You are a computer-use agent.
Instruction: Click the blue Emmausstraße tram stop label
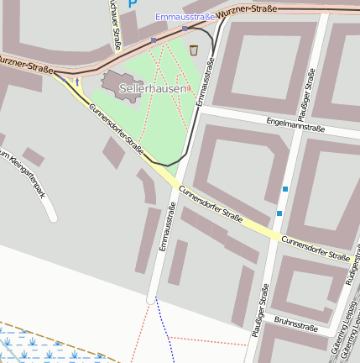tap(185, 17)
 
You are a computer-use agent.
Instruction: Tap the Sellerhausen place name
tap(152, 87)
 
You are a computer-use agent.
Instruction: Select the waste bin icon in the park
tap(194, 50)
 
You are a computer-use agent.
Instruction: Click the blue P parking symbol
tap(132, 5)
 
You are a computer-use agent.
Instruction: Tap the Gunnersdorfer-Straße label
tap(116, 126)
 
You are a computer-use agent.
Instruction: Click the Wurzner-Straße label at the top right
tap(247, 10)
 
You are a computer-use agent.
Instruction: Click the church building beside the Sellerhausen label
tap(112, 82)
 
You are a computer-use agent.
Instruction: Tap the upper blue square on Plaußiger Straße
tap(285, 189)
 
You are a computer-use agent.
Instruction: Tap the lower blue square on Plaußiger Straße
tap(279, 213)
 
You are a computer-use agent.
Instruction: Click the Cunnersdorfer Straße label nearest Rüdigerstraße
tap(316, 248)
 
